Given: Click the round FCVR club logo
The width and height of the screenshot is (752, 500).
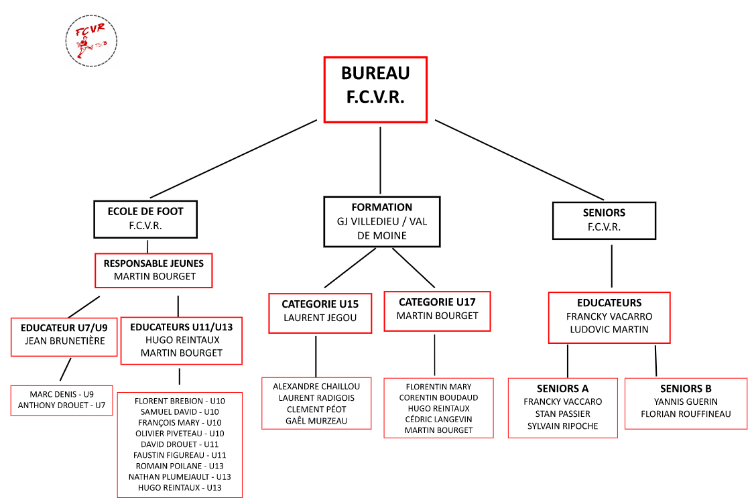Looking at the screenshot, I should coord(91,42).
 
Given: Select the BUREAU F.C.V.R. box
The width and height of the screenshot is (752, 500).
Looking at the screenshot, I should coord(375,90).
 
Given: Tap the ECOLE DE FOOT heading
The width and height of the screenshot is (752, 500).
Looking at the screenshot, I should coord(145,211).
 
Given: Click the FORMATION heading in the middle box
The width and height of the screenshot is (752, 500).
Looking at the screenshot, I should coord(382,207).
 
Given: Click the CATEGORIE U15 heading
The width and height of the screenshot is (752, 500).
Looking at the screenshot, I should coord(320,304).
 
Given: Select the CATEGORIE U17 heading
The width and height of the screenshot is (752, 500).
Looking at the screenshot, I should coord(437,302).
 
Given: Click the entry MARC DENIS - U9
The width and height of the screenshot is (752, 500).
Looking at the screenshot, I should coord(62,395).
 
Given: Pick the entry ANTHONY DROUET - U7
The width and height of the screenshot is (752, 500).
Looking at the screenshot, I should coord(62,405).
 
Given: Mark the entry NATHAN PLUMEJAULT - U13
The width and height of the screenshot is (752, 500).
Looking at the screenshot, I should coord(180,477).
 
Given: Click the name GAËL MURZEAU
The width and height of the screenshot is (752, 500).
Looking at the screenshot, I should coord(316,420).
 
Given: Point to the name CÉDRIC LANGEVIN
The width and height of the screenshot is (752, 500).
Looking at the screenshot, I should coord(438,419).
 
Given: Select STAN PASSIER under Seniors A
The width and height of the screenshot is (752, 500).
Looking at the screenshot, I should coord(563,414).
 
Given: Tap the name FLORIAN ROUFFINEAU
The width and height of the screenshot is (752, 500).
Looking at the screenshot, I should coord(686,414).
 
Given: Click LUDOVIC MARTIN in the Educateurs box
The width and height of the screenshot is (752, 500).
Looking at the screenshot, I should coord(609,329).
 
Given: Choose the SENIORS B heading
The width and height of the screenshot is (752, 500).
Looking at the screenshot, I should coord(686,389).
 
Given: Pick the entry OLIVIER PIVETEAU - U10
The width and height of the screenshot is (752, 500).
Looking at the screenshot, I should coord(180,434).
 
